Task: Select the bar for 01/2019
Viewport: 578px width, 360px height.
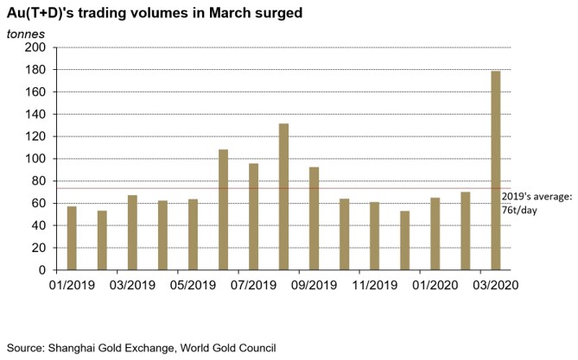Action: click(72, 238)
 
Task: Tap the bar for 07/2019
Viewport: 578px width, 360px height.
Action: click(253, 217)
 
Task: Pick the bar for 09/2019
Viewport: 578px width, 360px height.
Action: click(314, 218)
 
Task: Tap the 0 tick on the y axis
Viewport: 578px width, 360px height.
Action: click(41, 270)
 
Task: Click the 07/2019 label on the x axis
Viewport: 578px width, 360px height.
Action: click(253, 284)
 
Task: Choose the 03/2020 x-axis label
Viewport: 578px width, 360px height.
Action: click(495, 284)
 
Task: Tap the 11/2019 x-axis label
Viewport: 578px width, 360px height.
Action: click(374, 284)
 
